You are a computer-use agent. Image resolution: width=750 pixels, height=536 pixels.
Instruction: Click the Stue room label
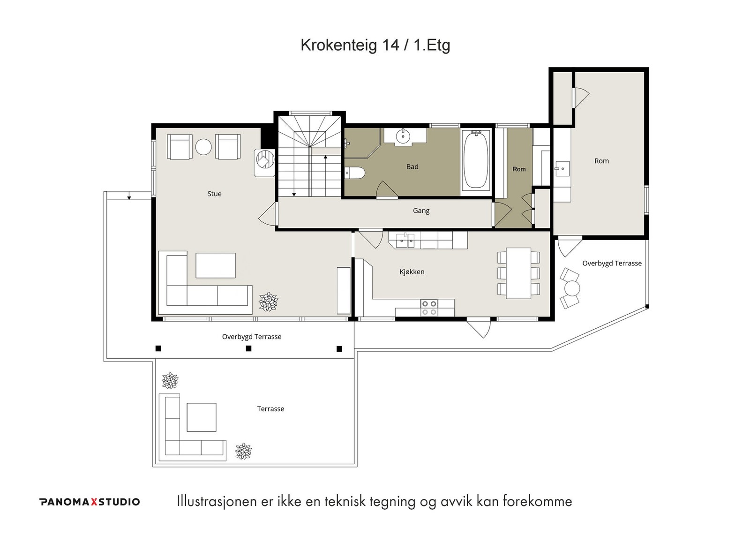tap(214, 194)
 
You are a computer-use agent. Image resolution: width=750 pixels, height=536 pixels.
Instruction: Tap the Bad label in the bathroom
tap(412, 166)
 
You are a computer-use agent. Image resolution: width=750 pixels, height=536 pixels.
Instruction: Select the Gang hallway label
tap(421, 211)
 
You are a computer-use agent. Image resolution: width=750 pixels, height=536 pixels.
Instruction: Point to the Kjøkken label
tap(412, 272)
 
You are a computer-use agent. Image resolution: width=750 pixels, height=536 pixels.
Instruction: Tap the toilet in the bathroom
tap(355, 173)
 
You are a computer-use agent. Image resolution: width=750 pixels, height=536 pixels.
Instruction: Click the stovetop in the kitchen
tap(429, 308)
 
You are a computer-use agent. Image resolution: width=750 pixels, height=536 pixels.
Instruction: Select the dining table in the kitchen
tap(518, 273)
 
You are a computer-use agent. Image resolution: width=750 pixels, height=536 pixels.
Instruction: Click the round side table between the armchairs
tap(203, 146)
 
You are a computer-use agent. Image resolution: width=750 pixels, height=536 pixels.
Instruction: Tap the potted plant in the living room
tap(268, 302)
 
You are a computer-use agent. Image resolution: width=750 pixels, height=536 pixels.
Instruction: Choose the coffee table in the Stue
tap(215, 265)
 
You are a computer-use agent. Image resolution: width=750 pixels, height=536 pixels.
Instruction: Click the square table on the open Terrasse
tap(201, 417)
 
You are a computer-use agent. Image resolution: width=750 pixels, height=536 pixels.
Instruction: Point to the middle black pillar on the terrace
tap(248, 348)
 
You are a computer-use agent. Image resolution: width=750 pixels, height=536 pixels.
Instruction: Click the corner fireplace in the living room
tap(264, 162)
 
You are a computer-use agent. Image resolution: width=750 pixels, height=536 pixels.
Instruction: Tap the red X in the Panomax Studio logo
tap(94, 502)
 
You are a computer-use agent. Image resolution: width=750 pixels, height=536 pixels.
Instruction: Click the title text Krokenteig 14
tap(350, 45)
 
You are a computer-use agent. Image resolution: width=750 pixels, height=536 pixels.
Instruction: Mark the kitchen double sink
tap(405, 240)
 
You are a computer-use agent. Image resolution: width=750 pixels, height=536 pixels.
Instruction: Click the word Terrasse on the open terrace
tap(270, 409)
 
